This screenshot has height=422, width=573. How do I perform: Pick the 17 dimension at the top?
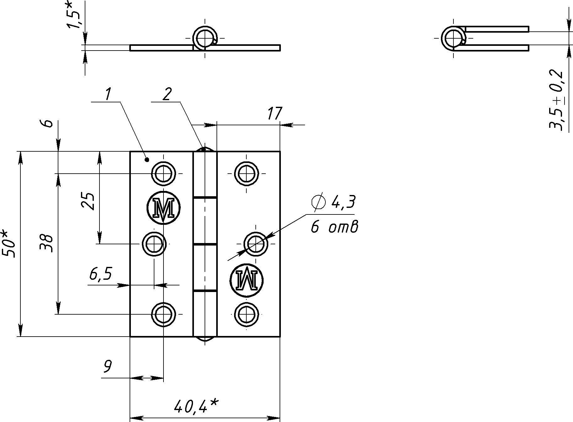pos(275,113)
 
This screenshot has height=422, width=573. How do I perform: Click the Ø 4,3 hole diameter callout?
pos(333,202)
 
